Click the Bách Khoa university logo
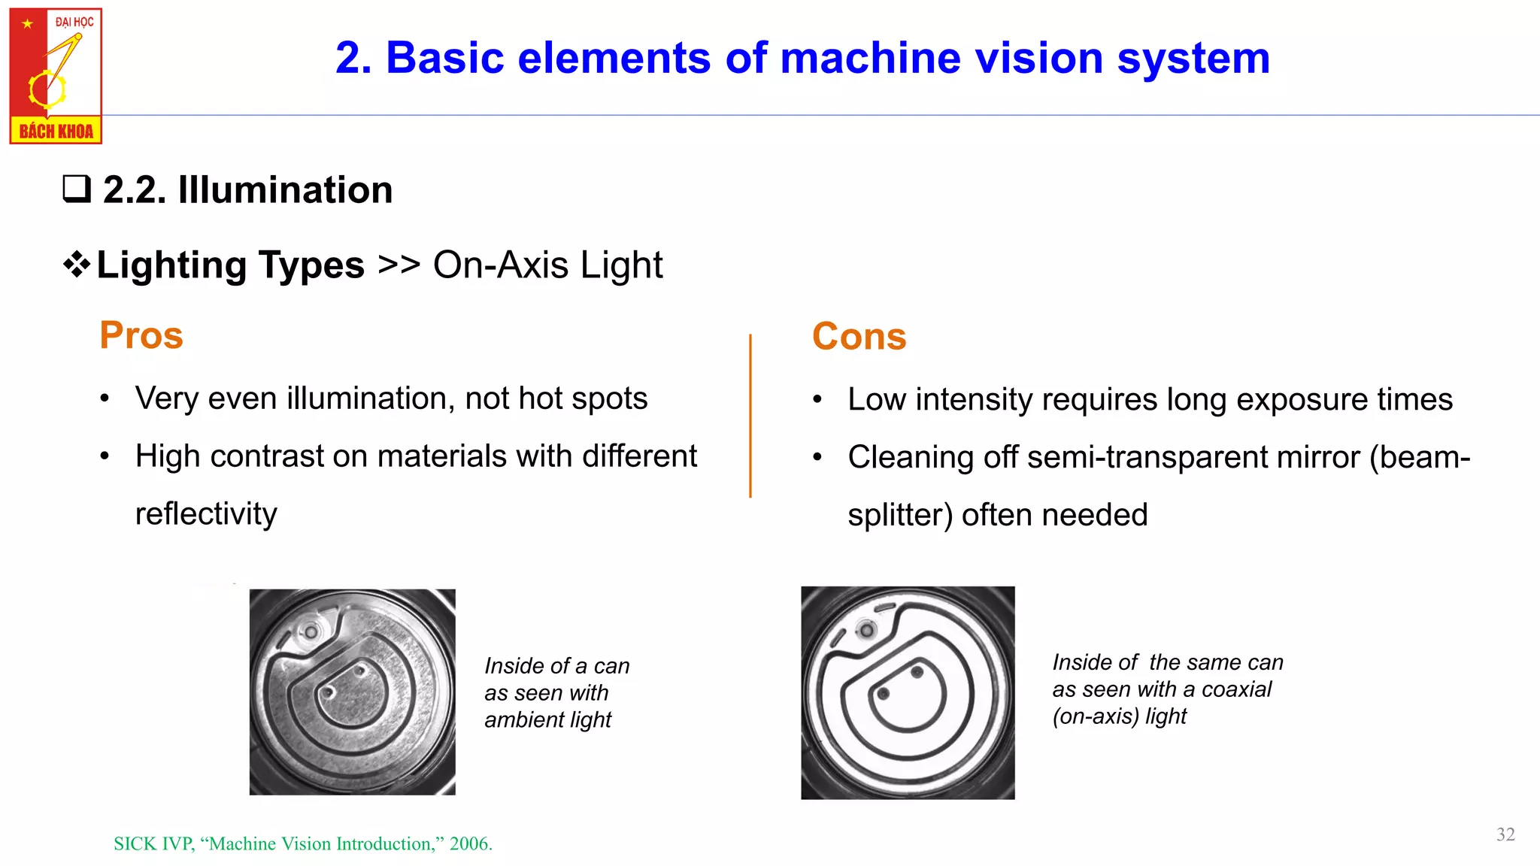[56, 76]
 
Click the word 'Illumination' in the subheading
[285, 189]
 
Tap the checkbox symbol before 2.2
[77, 189]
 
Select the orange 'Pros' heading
[141, 335]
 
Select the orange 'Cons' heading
[859, 336]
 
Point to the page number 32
[1505, 834]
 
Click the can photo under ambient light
[352, 692]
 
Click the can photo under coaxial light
[908, 692]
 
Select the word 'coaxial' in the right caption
[1236, 689]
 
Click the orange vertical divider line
[750, 416]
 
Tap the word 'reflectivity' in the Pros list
[206, 514]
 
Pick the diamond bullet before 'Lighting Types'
[77, 265]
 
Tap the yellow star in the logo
[28, 23]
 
